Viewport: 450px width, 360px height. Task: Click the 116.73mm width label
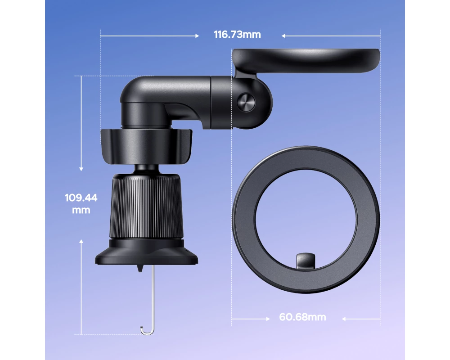(237, 35)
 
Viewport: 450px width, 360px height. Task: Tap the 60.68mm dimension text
(302, 317)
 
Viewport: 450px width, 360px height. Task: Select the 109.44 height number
(81, 198)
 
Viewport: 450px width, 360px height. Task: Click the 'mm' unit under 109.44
(81, 210)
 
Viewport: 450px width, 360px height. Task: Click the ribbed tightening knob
(146, 206)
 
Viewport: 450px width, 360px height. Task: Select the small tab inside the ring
(306, 261)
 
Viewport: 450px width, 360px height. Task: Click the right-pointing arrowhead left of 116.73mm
(197, 36)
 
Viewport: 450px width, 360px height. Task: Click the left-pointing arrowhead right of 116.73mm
(283, 36)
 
